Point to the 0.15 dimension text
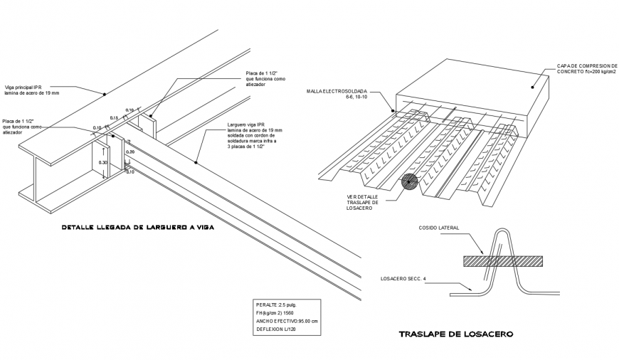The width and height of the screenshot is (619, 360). point(114,117)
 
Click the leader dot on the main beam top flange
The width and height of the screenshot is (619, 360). point(104,93)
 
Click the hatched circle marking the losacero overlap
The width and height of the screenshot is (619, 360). point(409,182)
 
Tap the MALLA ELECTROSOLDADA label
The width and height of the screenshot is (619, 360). point(337,92)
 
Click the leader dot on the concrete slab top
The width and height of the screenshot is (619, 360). point(533,87)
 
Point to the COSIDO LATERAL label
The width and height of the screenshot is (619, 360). point(439,228)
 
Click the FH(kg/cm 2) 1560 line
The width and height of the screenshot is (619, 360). point(274,313)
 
